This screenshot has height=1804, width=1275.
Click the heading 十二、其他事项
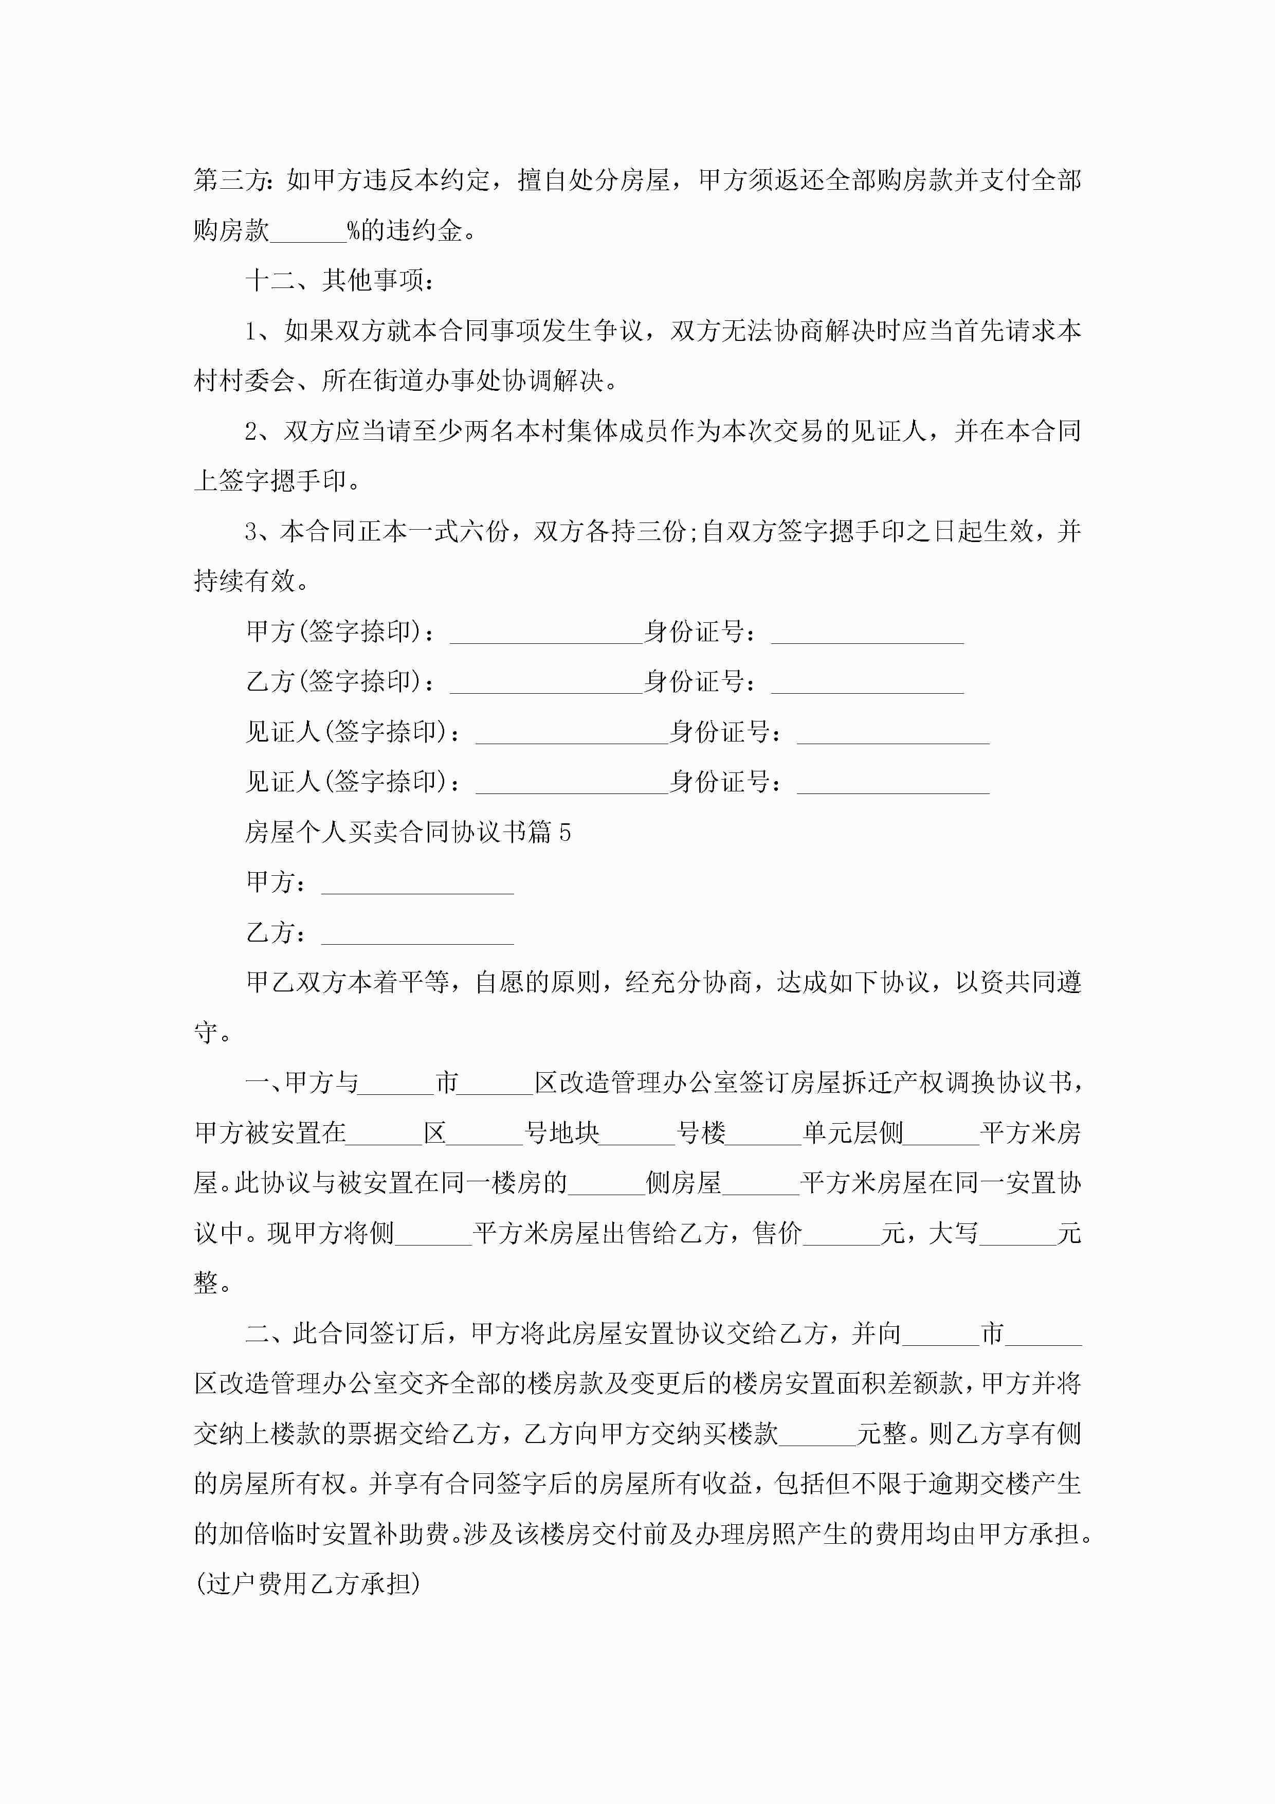(339, 280)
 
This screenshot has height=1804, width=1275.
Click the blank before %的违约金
(308, 232)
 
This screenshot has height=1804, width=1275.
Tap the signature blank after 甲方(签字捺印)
(546, 633)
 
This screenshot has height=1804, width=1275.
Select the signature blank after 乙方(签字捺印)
(546, 683)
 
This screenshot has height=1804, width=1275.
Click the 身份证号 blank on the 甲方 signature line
(867, 633)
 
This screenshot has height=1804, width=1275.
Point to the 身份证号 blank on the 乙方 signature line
(867, 683)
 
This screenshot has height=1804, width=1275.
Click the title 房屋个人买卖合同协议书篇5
(408, 832)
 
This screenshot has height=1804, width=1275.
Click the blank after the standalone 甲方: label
(417, 883)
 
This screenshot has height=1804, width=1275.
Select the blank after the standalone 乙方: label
(417, 933)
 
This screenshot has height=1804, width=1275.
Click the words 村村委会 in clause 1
(244, 381)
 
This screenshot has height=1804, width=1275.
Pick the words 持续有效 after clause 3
(244, 582)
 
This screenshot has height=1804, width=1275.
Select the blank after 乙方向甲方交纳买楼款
(817, 1435)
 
